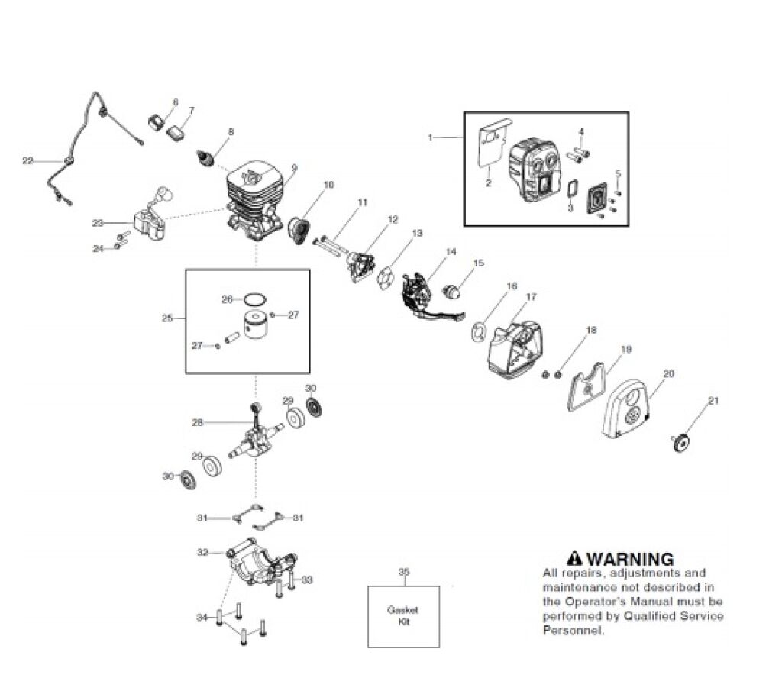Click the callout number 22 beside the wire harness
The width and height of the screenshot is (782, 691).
[27, 160]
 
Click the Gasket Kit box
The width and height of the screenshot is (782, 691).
[403, 616]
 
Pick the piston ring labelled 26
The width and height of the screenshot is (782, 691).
[255, 299]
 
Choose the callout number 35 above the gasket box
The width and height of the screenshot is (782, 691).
[404, 571]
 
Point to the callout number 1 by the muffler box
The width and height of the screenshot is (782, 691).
[430, 137]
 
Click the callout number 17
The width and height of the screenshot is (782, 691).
[531, 296]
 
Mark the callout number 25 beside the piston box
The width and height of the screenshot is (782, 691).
[169, 318]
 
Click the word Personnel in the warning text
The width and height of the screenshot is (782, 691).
[573, 631]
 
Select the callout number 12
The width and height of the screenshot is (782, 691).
[393, 220]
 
